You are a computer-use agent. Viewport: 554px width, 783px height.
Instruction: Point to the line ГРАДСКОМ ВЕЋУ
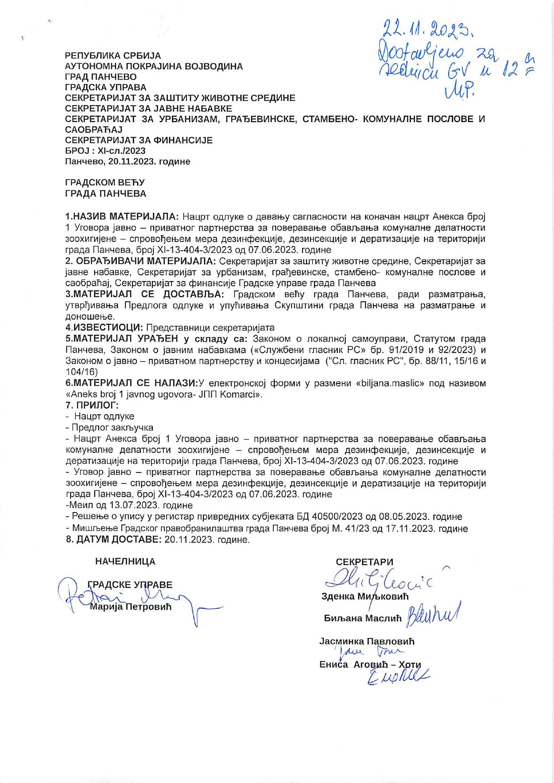click(105, 183)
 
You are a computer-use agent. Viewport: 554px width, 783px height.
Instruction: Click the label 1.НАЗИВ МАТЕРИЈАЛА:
click(122, 217)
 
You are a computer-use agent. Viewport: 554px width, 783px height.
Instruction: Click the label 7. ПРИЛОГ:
click(92, 405)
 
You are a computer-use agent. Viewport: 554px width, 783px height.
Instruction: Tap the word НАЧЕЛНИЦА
click(126, 562)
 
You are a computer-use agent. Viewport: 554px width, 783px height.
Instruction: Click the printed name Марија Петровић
click(130, 607)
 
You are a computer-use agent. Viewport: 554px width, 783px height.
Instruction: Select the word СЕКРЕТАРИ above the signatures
click(365, 562)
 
